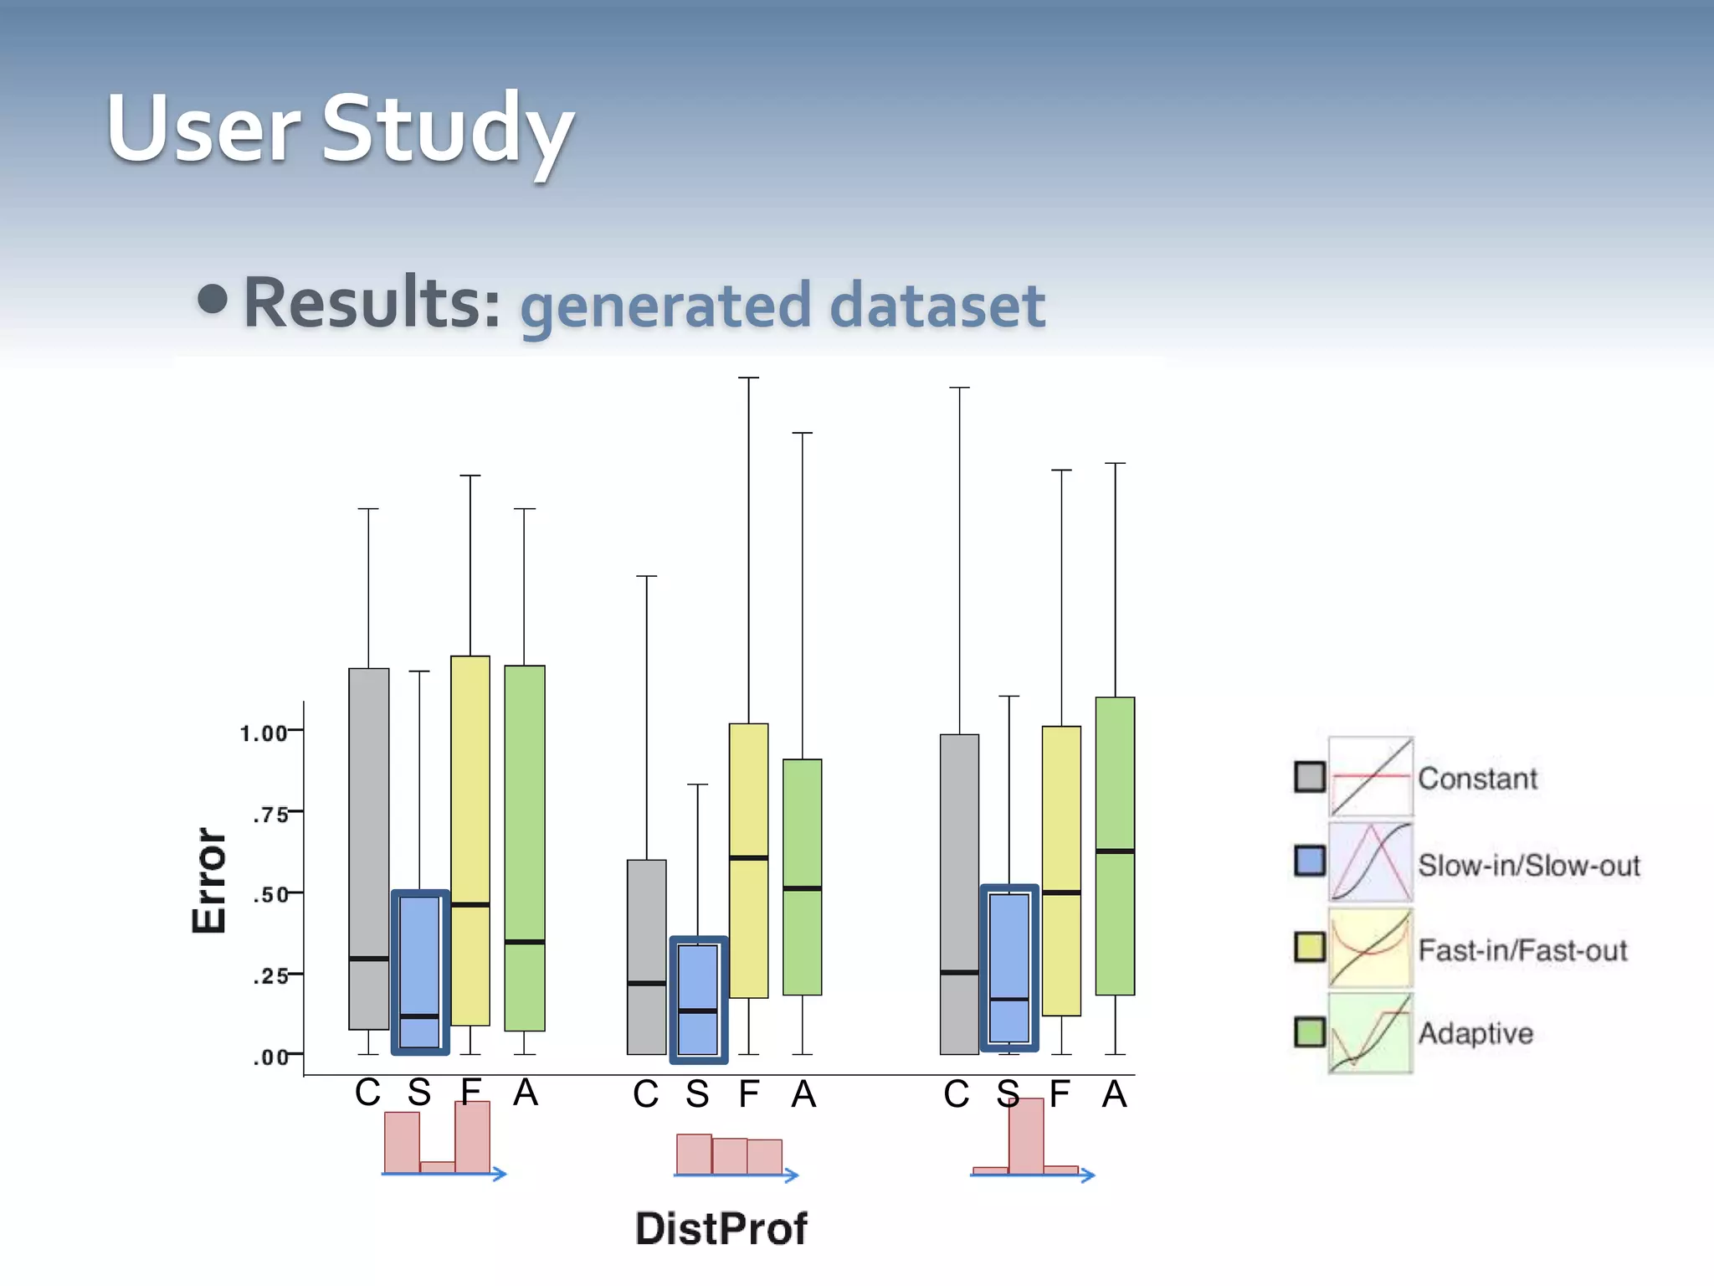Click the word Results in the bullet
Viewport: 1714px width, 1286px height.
pyautogui.click(x=372, y=303)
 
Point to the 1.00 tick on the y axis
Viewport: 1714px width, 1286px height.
pyautogui.click(x=264, y=733)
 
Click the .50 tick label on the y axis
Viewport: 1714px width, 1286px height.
pyautogui.click(x=270, y=895)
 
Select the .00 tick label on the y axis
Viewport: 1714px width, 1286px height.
pyautogui.click(x=270, y=1057)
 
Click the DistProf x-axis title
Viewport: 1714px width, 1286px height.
pyautogui.click(x=721, y=1228)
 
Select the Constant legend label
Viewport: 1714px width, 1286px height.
pyautogui.click(x=1477, y=779)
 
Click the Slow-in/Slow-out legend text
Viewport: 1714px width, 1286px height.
pyautogui.click(x=1528, y=865)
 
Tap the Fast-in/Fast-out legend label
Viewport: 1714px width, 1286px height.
pyautogui.click(x=1522, y=950)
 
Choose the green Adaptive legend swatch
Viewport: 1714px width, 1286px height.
pyautogui.click(x=1310, y=1031)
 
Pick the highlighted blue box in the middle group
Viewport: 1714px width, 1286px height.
pyautogui.click(x=698, y=999)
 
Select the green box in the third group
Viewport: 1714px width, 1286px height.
pyautogui.click(x=1115, y=846)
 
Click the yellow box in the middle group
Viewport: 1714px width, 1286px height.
pyautogui.click(x=748, y=860)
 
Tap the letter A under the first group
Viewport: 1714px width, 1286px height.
pyautogui.click(x=525, y=1093)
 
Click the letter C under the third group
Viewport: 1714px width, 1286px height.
pyautogui.click(x=957, y=1094)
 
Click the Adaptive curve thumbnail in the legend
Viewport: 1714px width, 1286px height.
pyautogui.click(x=1370, y=1033)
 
